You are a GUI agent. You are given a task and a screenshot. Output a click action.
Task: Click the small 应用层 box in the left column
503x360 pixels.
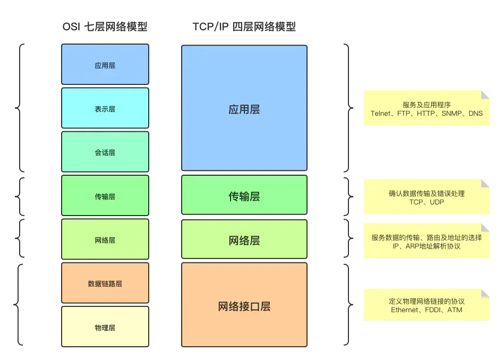point(105,65)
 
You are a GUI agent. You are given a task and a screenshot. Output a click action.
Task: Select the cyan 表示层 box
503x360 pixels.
point(105,108)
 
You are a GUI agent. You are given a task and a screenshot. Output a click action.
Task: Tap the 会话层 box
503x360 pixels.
point(105,152)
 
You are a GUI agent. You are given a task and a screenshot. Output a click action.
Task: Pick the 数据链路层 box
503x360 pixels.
point(105,284)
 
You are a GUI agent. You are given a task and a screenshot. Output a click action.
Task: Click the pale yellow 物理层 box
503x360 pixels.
point(105,327)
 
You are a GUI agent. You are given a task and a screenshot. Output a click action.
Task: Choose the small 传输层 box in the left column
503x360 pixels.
point(105,196)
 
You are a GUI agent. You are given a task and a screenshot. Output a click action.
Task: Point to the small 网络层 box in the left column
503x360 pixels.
point(105,240)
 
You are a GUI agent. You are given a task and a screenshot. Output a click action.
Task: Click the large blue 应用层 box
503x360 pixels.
point(244,109)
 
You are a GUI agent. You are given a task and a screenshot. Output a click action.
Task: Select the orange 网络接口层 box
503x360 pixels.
point(244,306)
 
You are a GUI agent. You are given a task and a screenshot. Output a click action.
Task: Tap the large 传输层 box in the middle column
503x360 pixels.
point(244,196)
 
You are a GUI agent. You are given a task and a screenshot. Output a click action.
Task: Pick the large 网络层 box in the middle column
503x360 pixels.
point(244,240)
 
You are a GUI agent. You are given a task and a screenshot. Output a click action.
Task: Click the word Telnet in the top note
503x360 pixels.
point(381,114)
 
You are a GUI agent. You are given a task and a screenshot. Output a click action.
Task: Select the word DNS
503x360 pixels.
point(475,114)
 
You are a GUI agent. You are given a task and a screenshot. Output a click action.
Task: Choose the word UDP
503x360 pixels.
point(437,202)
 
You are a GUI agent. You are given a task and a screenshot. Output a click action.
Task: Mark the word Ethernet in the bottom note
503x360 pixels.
point(404,310)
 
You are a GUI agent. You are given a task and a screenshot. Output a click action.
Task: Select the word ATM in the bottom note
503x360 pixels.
point(455,310)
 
